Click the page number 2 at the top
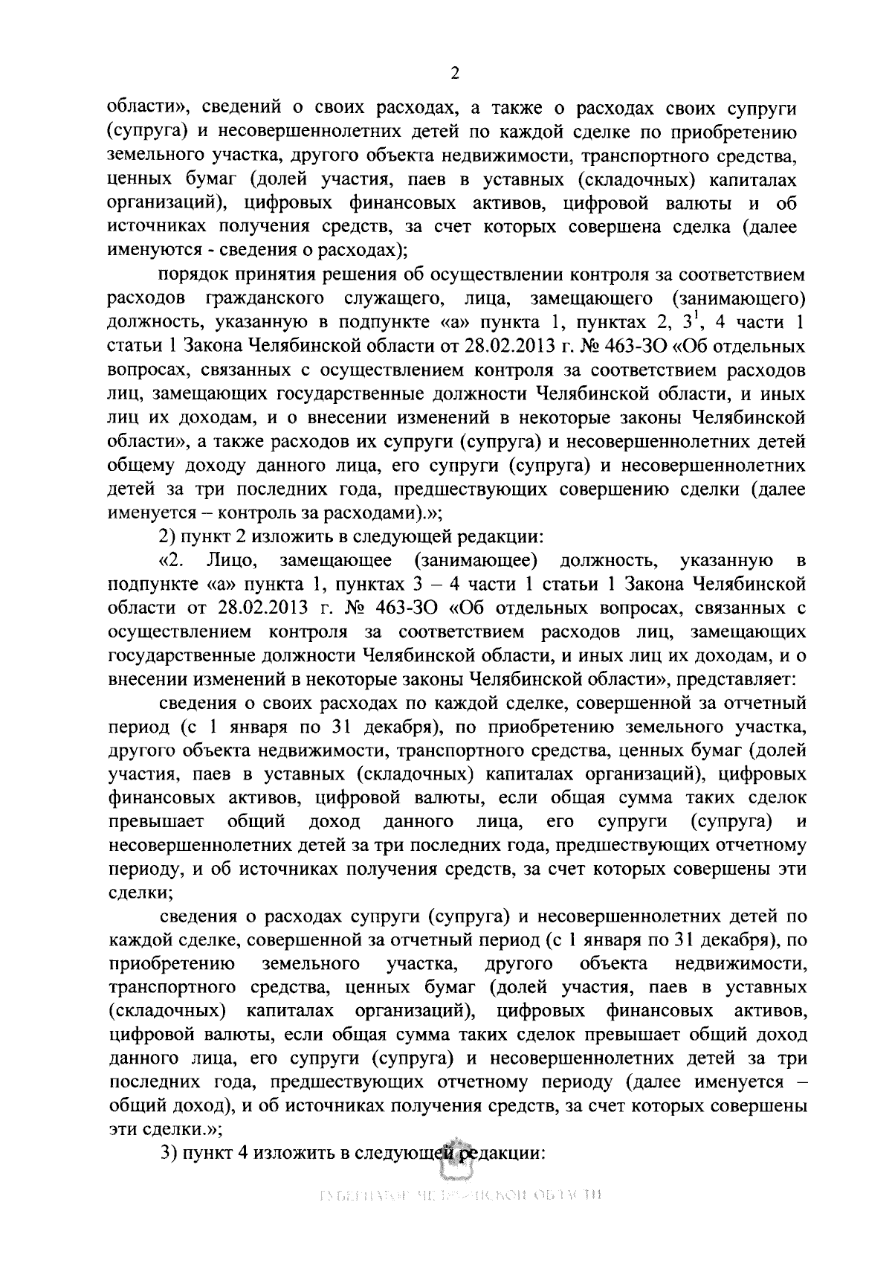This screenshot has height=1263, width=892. [x=455, y=73]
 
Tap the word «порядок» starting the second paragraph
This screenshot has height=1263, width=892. [x=194, y=274]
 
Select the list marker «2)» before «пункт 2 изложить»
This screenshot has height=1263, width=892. [x=168, y=537]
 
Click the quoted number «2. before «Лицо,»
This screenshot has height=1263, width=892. [x=170, y=561]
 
